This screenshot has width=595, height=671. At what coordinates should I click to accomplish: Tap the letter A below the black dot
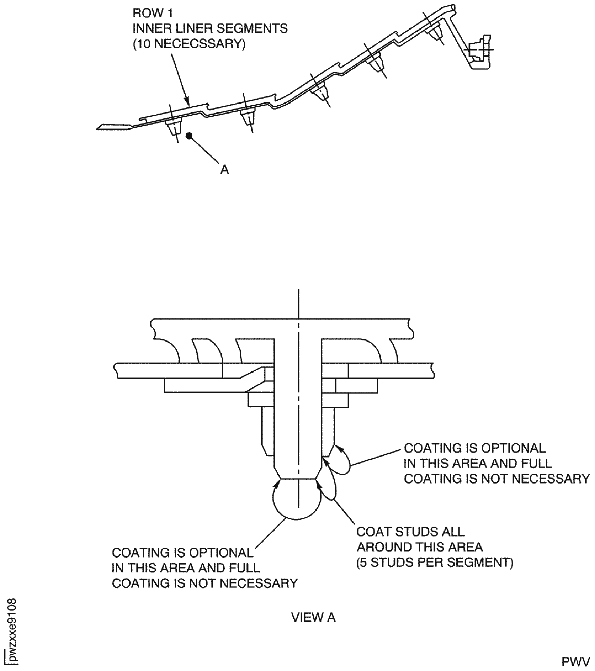point(224,170)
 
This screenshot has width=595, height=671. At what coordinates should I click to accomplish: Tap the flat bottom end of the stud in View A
point(298,479)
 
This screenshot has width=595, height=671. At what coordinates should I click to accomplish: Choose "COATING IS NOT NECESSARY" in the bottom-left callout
point(205,583)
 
